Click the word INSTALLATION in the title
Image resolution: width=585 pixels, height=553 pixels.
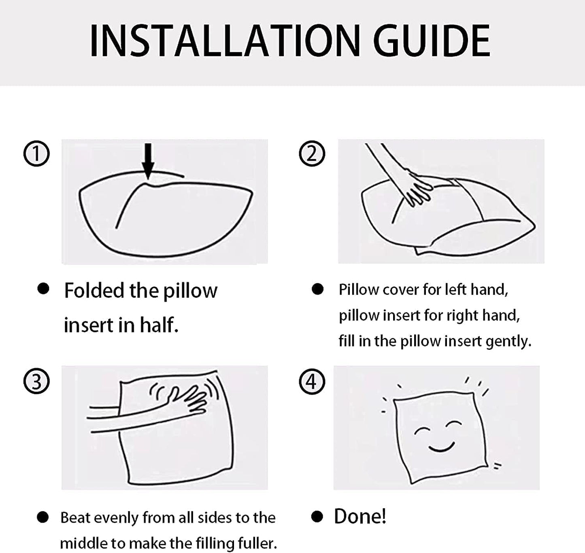tap(225, 41)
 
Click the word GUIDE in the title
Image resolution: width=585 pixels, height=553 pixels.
tap(432, 41)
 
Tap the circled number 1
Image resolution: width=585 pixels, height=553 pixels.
tap(36, 154)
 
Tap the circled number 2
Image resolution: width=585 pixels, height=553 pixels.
tap(312, 154)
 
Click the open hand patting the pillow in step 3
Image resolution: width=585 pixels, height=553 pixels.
tap(187, 402)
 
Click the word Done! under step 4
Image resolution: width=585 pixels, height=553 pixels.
tap(360, 517)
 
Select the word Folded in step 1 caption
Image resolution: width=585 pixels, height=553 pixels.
tap(94, 290)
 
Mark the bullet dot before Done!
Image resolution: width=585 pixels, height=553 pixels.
tap(317, 517)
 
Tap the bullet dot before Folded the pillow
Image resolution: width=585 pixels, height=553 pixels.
tap(43, 289)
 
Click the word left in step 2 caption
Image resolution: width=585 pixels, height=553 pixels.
tap(455, 289)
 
